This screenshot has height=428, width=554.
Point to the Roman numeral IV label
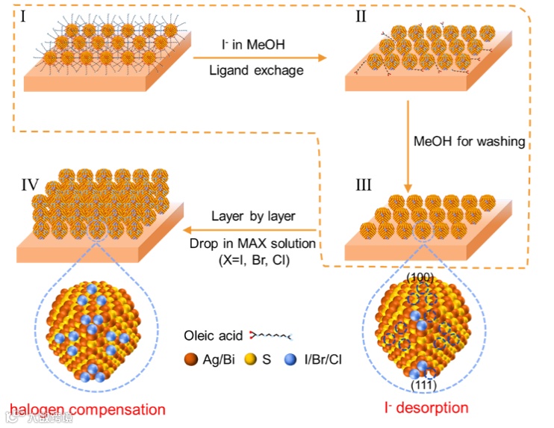(x=27, y=182)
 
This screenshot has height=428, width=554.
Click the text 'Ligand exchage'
(x=256, y=71)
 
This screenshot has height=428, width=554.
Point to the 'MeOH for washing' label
(x=470, y=140)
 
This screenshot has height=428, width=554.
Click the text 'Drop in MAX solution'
(x=253, y=244)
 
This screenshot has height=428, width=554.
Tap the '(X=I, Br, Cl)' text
(x=254, y=258)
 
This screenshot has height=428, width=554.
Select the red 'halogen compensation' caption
(x=86, y=409)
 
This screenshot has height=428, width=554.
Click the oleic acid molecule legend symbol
(x=270, y=337)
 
